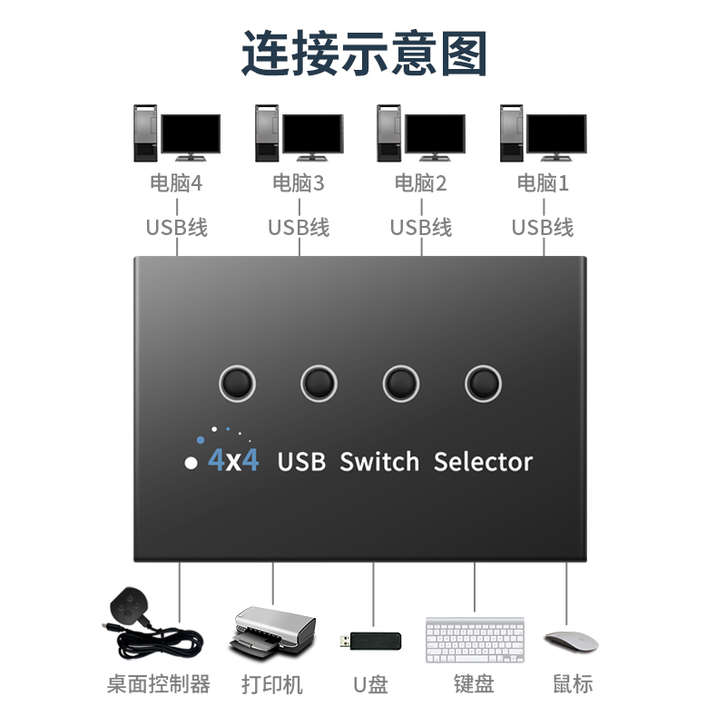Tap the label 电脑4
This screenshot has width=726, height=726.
tap(176, 183)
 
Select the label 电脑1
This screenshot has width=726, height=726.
tap(543, 183)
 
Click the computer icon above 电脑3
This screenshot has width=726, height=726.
tap(299, 133)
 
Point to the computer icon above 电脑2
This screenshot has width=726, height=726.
tap(420, 133)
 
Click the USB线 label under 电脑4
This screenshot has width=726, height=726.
tap(176, 227)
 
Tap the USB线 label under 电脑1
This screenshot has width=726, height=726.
tap(543, 227)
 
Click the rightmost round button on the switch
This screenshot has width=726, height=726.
tap(483, 383)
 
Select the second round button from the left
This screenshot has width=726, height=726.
tap(319, 383)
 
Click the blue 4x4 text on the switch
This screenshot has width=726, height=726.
tap(233, 461)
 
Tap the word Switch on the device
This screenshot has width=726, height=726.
tap(379, 461)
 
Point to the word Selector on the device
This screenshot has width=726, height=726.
tap(483, 461)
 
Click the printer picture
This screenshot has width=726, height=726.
tap(272, 633)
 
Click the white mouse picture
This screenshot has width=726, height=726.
tap(570, 640)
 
